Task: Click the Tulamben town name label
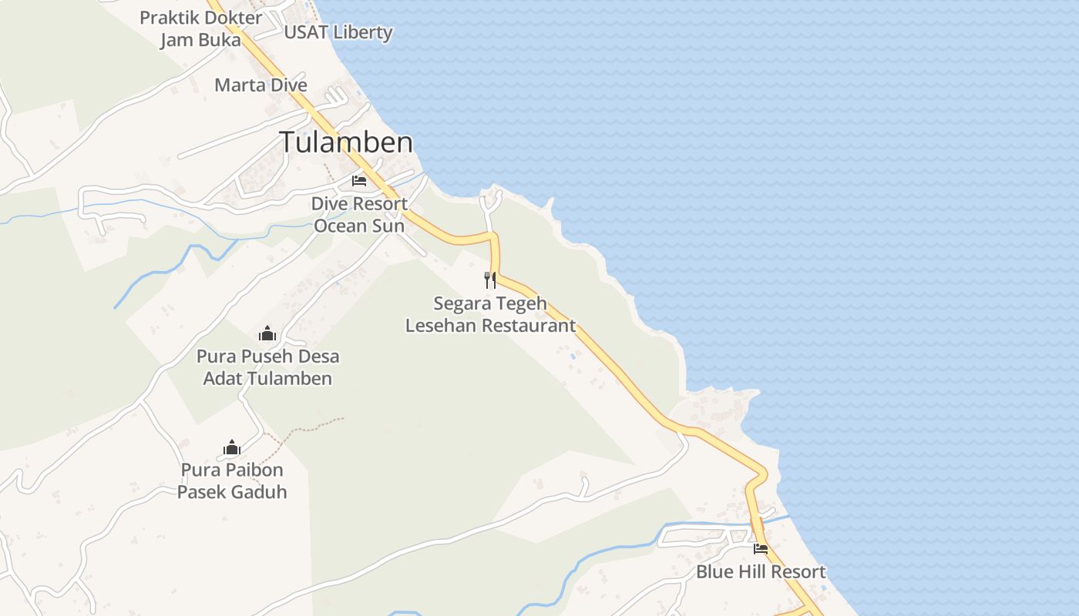click(x=345, y=142)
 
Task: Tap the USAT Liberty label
click(x=338, y=32)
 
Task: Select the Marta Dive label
click(x=261, y=85)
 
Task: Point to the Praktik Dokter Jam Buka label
click(x=200, y=28)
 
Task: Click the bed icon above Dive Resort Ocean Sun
click(x=358, y=181)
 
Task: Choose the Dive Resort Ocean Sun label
click(x=359, y=215)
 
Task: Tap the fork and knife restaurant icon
click(x=489, y=280)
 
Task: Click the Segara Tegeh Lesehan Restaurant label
click(x=490, y=314)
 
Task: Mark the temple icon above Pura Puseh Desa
click(x=267, y=333)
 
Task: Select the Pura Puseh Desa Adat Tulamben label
click(x=267, y=367)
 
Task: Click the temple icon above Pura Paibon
click(x=232, y=447)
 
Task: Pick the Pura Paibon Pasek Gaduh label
click(x=232, y=480)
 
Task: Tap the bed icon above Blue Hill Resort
click(x=761, y=549)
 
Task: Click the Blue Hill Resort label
click(x=761, y=571)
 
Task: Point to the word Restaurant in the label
click(x=531, y=325)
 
